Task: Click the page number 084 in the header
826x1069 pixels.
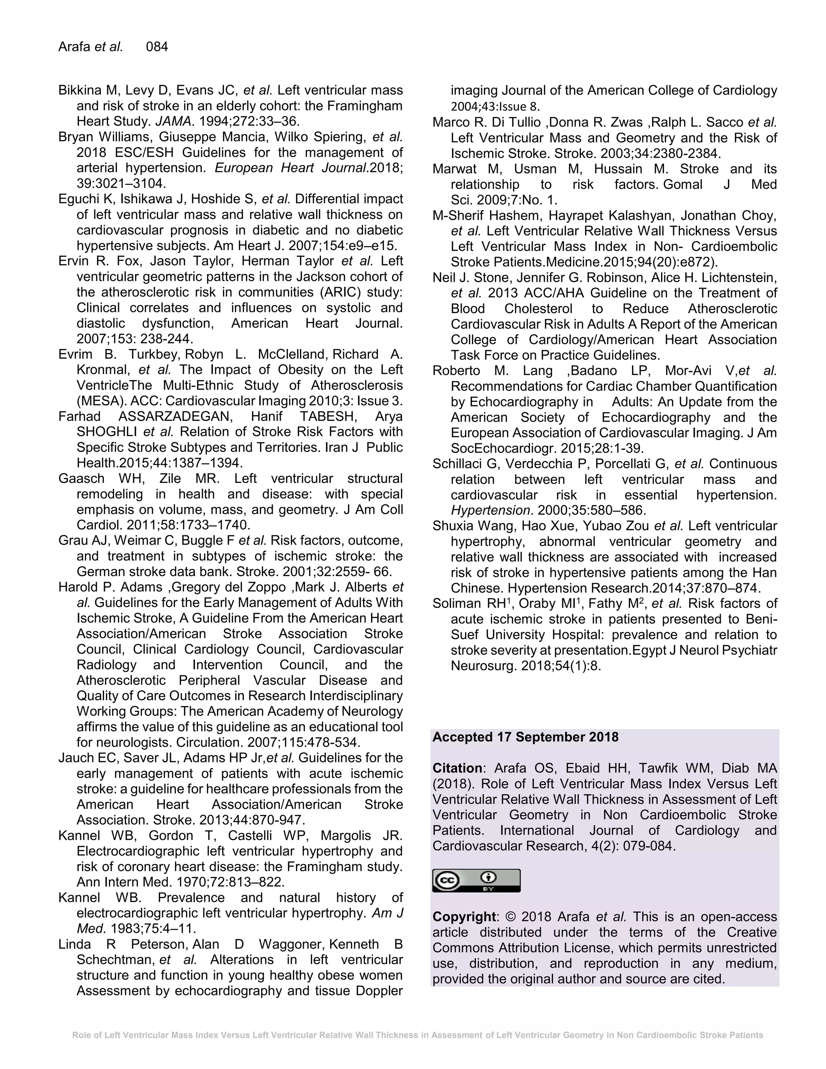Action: tap(156, 47)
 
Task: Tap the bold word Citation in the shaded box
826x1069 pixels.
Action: tap(457, 768)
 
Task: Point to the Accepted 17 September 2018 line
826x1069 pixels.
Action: tap(525, 737)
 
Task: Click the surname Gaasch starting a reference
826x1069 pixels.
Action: tap(81, 479)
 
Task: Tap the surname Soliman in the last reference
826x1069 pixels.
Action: tap(455, 604)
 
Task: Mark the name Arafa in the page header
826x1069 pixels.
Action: tap(74, 47)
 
